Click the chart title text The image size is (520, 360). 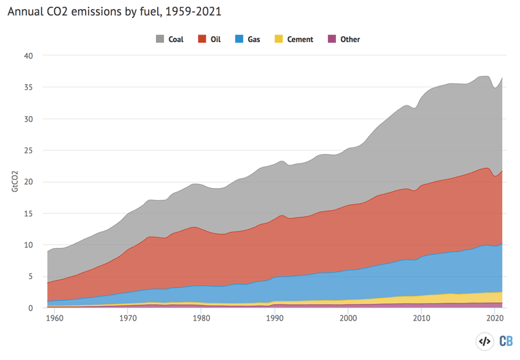[x=115, y=11]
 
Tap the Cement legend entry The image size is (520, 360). [x=293, y=39]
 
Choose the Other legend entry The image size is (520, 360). [x=343, y=39]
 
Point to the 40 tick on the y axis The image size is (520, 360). [x=28, y=56]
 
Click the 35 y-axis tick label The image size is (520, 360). [x=28, y=87]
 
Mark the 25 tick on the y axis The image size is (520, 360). [x=28, y=151]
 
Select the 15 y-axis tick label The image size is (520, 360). [x=28, y=213]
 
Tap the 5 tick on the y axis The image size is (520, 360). [x=30, y=277]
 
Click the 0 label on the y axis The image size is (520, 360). [x=30, y=308]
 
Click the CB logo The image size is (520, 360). [x=506, y=341]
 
